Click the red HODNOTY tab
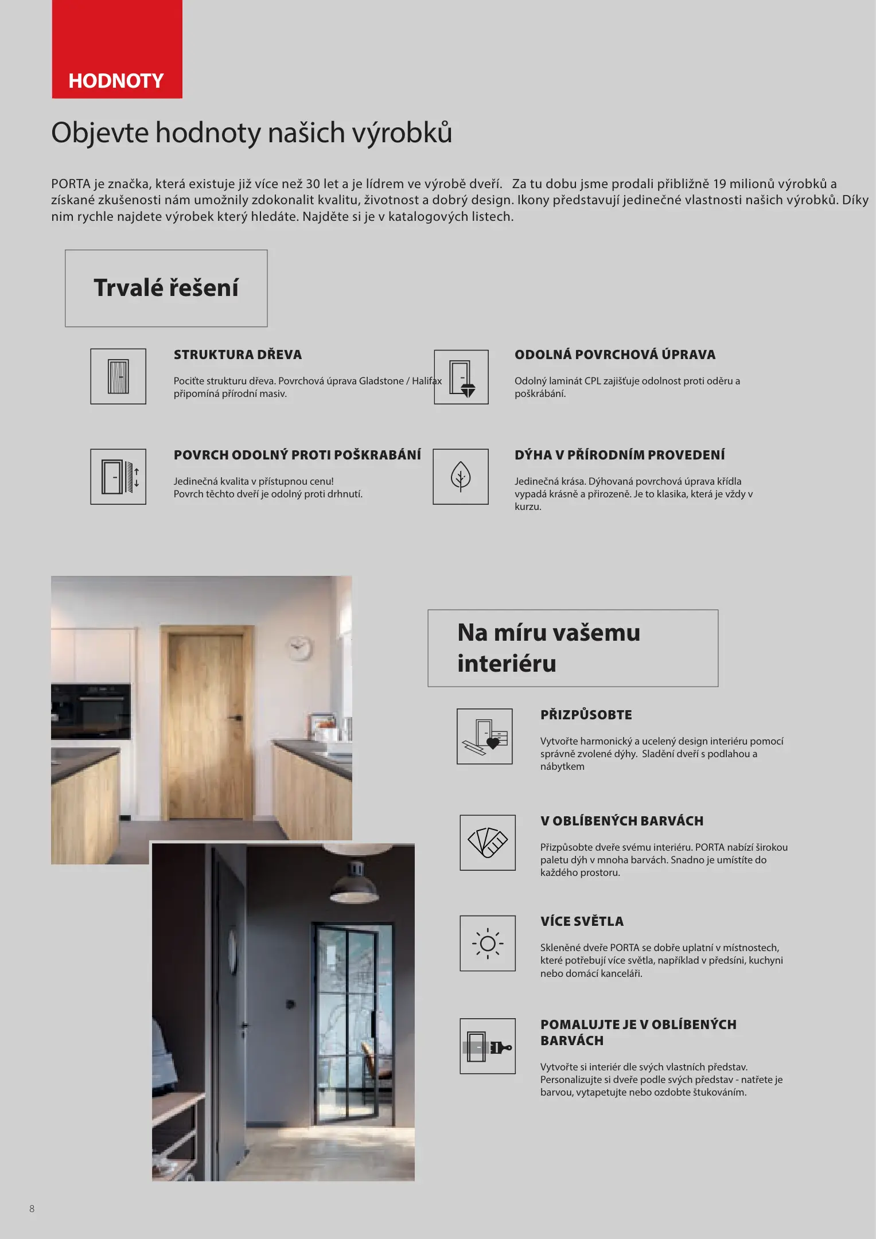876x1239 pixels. click(117, 49)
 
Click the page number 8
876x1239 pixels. click(32, 1209)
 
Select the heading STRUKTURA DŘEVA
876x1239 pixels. click(238, 354)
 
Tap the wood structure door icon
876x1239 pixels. click(118, 376)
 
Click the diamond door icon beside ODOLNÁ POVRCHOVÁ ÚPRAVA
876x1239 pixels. click(461, 377)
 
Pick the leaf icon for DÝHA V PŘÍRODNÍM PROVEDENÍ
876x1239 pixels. click(461, 477)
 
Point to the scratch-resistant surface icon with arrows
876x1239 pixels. click(118, 477)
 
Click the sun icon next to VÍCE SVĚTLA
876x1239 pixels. click(488, 943)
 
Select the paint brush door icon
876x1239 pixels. click(488, 1046)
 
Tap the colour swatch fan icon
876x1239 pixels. click(488, 843)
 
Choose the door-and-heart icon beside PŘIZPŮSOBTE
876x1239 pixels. click(485, 737)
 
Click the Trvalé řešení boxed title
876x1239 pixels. click(166, 288)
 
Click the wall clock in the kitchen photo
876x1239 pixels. click(298, 648)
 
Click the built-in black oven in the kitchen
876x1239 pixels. click(91, 711)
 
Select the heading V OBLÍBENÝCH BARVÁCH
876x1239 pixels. click(622, 821)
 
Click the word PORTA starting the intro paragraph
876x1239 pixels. click(71, 184)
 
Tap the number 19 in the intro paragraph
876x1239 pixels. click(719, 184)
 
